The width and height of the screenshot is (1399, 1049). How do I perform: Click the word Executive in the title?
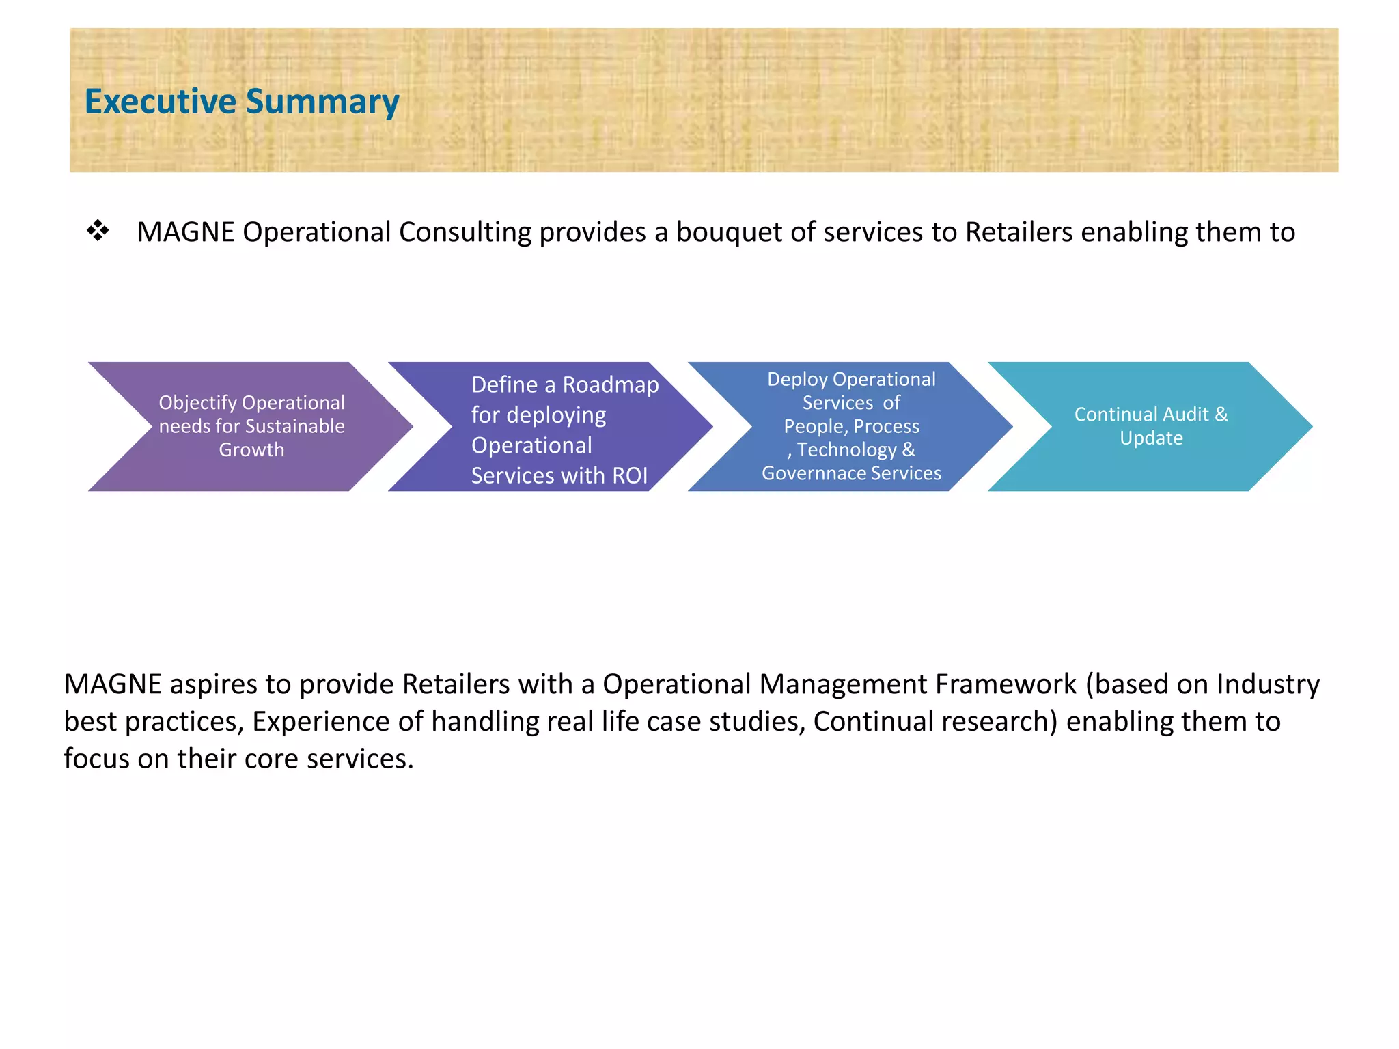(x=160, y=101)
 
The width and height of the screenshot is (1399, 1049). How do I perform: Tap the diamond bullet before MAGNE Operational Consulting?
(x=98, y=231)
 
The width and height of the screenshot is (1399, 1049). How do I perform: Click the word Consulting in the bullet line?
(x=465, y=233)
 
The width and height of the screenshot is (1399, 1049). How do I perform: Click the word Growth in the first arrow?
(x=251, y=449)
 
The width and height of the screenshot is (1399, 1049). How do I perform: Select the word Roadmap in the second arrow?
(x=610, y=385)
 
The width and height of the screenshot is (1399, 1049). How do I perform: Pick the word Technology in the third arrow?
(x=846, y=450)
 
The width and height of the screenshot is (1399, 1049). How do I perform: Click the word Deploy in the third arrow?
(x=797, y=379)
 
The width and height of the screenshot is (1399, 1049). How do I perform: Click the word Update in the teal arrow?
(x=1151, y=438)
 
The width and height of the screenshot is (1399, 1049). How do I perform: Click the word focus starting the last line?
(x=96, y=759)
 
